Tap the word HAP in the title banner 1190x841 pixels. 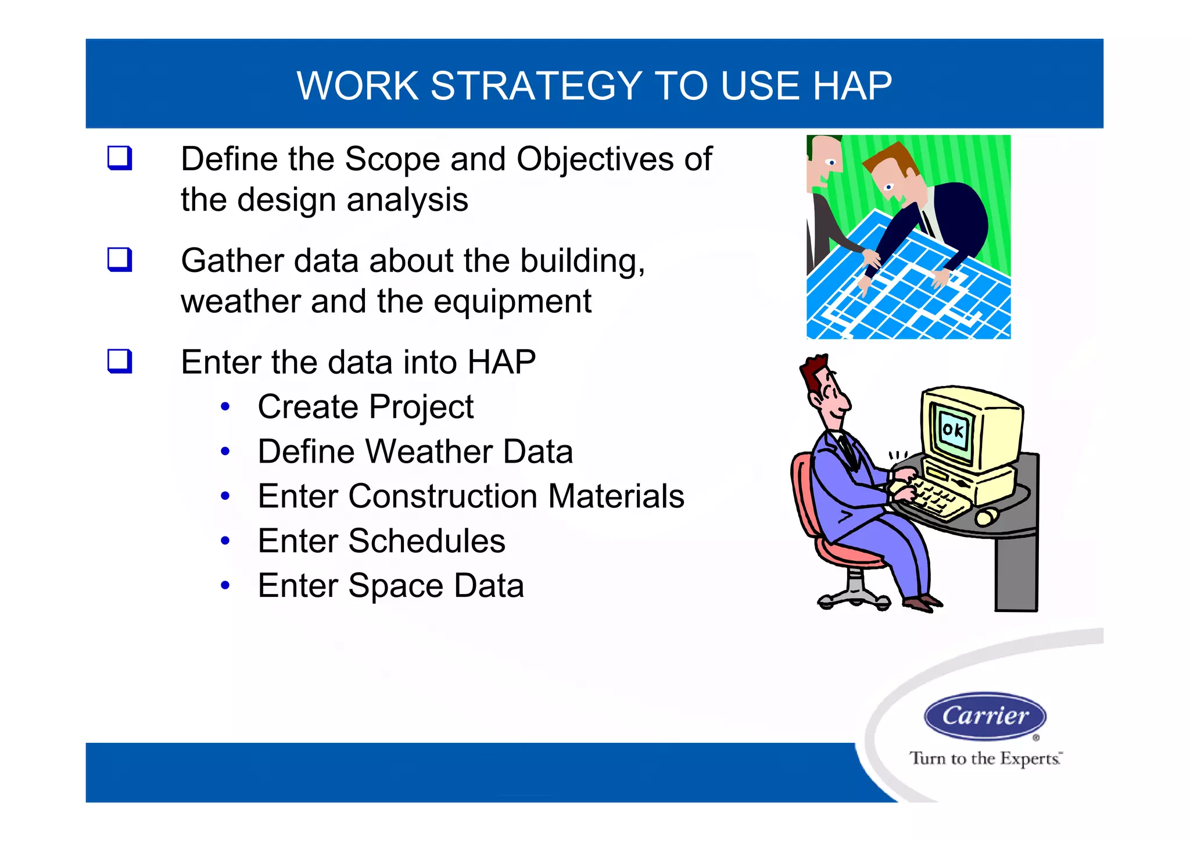pos(852,86)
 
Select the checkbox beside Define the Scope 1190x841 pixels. pos(120,158)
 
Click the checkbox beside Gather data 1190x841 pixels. pos(120,259)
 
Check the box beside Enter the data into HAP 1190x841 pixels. pos(120,361)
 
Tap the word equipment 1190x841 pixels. pos(512,302)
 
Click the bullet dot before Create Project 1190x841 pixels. pos(225,407)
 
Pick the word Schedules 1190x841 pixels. pos(426,541)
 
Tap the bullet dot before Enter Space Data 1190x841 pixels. pos(225,586)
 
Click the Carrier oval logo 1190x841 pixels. pos(985,716)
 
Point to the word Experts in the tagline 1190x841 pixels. pos(1030,759)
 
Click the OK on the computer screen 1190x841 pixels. pos(953,431)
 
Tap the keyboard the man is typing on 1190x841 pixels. pos(935,500)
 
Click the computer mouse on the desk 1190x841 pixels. pos(986,516)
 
